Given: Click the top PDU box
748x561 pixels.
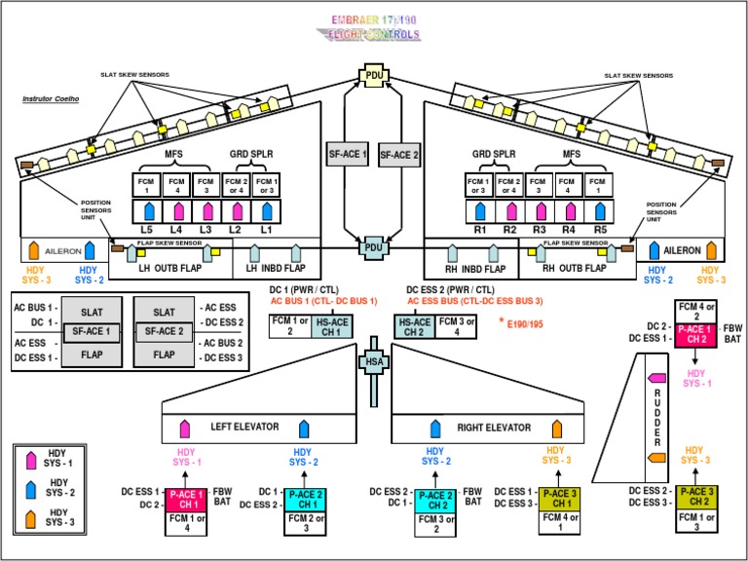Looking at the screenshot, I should tap(374, 76).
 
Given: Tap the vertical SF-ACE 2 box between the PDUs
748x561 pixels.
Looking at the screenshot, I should tap(397, 154).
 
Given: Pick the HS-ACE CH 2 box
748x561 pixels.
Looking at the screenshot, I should tap(415, 325).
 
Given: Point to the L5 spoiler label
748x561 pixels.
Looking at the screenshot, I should tap(147, 228).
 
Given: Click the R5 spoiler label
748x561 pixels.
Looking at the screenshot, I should tap(598, 228).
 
